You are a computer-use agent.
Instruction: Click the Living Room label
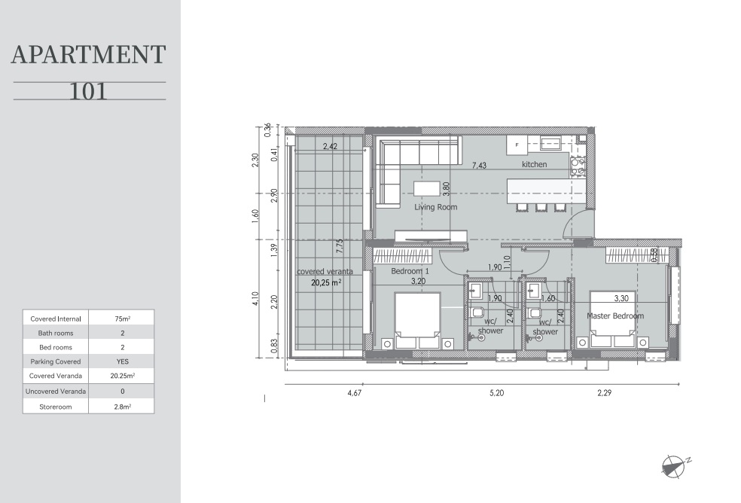coord(436,206)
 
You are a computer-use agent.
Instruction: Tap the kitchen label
coord(534,164)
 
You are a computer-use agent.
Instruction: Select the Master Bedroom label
coord(614,316)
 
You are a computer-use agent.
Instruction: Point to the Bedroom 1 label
coord(410,271)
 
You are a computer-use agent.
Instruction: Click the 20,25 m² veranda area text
coord(326,282)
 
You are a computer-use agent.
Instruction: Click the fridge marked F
coord(517,145)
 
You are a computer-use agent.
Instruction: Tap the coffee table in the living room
coord(427,188)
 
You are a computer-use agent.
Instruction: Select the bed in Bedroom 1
coord(418,321)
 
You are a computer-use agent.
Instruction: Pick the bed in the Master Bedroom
coord(612,319)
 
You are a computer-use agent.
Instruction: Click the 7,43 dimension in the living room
coord(479,166)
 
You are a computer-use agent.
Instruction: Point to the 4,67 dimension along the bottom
coord(355,392)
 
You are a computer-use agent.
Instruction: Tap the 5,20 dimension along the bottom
coord(497,392)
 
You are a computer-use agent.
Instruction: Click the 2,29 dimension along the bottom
coord(605,392)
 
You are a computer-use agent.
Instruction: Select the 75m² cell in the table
coord(123,319)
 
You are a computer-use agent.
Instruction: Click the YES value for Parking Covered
coord(123,361)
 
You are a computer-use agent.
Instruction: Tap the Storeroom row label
coord(55,407)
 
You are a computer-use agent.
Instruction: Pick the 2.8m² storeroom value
coord(123,407)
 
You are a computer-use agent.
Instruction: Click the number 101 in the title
coord(88,91)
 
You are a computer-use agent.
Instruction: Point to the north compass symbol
coord(674,466)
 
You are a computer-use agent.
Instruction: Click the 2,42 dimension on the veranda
coord(330,146)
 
